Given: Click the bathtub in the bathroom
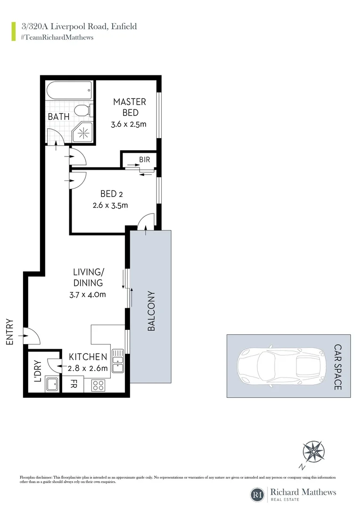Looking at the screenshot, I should (69, 90).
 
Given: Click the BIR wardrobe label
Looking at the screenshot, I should (144, 160).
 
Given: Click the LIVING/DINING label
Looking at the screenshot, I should (88, 278).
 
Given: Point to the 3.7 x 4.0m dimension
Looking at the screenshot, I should (88, 295).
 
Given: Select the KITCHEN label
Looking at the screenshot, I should (88, 357).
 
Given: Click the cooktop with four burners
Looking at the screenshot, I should (98, 385).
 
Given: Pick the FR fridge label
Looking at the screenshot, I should (74, 384).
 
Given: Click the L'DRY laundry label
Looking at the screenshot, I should (38, 371).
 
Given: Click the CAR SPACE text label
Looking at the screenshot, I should (338, 367).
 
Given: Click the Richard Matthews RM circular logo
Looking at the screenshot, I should (258, 494).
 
